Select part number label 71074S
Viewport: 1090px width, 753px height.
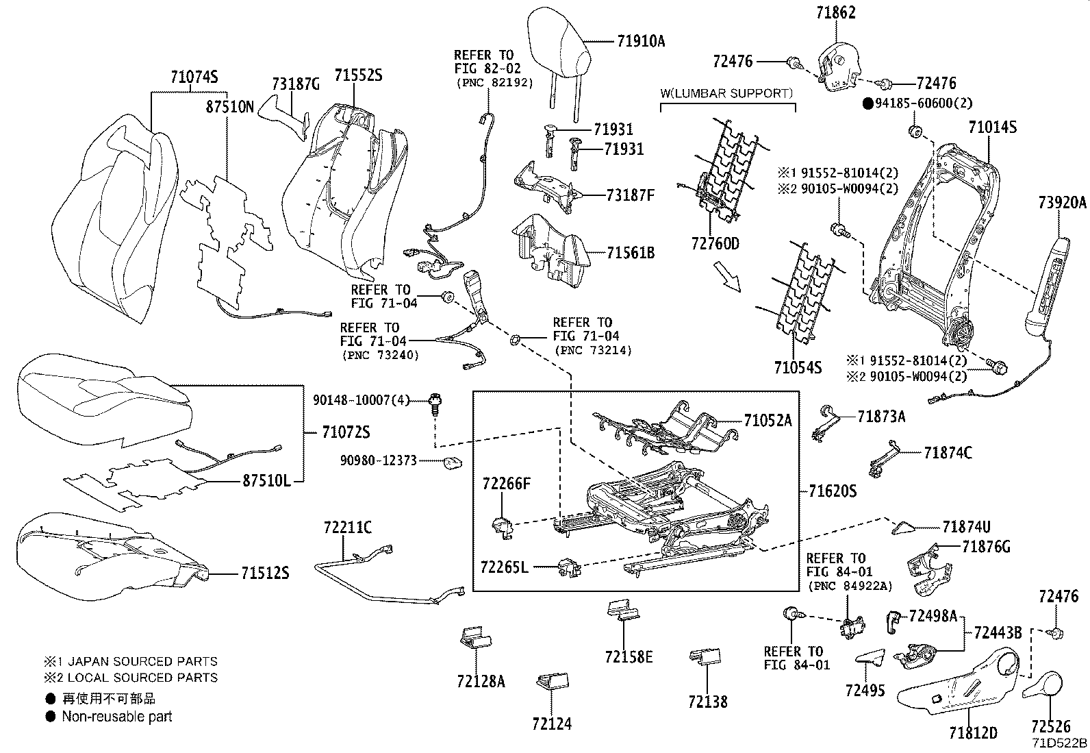pos(194,78)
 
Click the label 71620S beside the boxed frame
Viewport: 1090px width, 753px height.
pos(832,491)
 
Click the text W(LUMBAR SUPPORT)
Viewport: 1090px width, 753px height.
pos(726,93)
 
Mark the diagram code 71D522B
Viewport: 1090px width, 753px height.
pos(1060,743)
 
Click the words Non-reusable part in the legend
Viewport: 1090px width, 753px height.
pos(117,717)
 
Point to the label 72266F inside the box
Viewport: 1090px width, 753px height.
pos(505,484)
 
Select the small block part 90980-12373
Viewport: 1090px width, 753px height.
pos(450,462)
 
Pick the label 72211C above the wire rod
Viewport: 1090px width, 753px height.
pos(348,527)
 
